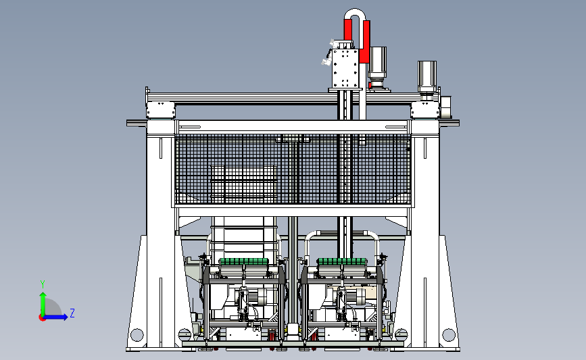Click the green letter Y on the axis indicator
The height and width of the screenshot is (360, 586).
click(43, 284)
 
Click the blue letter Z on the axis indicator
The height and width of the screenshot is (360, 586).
click(72, 313)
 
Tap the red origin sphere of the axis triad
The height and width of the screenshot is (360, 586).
click(42, 317)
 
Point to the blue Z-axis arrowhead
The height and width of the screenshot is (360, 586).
click(65, 317)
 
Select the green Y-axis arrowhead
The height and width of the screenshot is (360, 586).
click(43, 296)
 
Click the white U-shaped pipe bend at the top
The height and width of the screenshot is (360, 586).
click(355, 14)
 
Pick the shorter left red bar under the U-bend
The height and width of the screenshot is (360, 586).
click(348, 30)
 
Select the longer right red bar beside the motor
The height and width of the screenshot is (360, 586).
click(365, 41)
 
